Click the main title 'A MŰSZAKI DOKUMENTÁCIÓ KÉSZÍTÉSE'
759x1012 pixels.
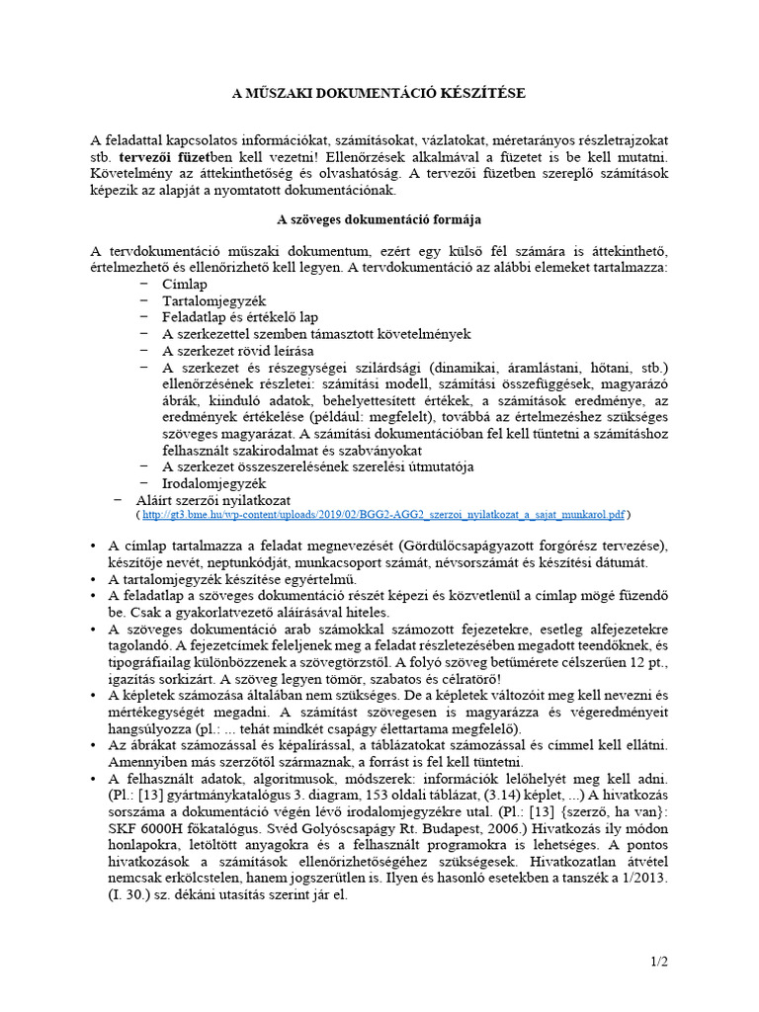click(x=379, y=93)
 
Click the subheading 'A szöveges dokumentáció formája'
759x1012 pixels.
click(x=379, y=218)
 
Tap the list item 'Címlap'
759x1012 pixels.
click(x=185, y=285)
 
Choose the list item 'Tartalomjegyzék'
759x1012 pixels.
click(x=214, y=300)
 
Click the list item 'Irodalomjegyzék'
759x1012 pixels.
click(x=214, y=484)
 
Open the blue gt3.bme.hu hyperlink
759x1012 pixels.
click(x=382, y=515)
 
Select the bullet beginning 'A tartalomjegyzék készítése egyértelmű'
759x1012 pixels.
click(x=238, y=578)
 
